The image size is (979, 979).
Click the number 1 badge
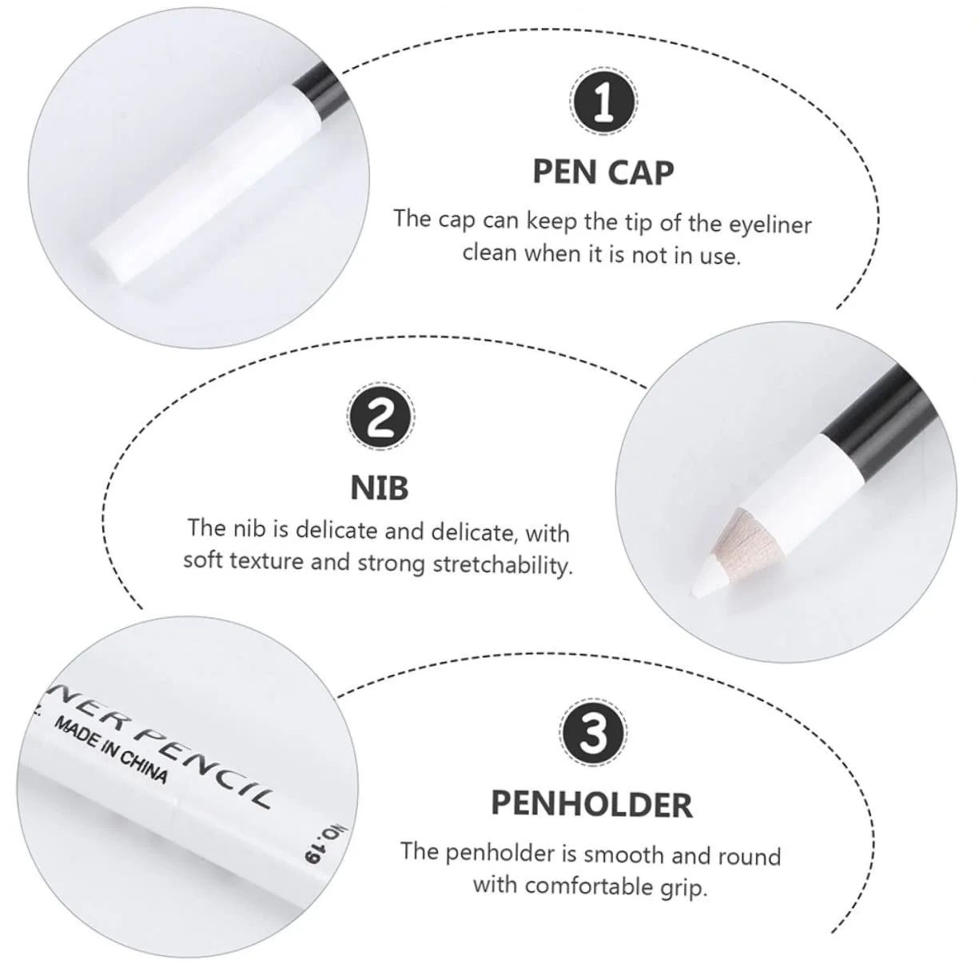pos(603,101)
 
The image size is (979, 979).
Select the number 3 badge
pos(592,733)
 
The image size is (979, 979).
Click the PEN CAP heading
pos(603,173)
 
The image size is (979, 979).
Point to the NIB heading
pos(380,488)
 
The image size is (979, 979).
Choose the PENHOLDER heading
pos(592,804)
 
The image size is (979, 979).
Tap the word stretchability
pos(503,565)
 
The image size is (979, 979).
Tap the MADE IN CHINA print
pos(110,750)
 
